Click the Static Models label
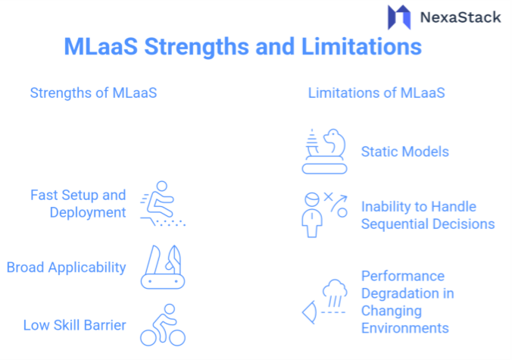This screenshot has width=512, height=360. (404, 152)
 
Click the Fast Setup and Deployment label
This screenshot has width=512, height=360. (78, 204)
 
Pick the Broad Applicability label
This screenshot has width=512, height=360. (67, 267)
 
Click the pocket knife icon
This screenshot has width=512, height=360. (163, 266)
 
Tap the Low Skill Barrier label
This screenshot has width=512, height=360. (73, 325)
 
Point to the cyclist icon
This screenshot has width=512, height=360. (164, 325)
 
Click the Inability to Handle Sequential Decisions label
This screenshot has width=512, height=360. (427, 214)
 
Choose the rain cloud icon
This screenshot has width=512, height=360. (332, 296)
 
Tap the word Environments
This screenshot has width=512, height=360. (404, 328)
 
